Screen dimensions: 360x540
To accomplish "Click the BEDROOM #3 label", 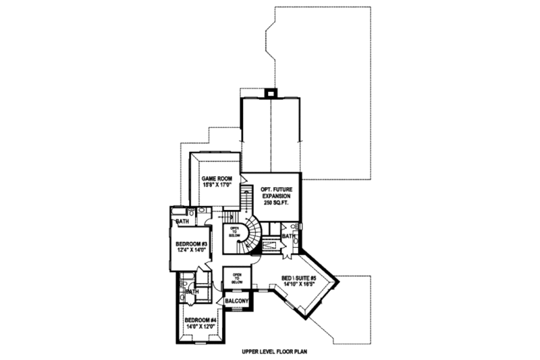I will point(191,244).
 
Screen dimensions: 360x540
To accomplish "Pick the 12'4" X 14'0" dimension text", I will point(191,251).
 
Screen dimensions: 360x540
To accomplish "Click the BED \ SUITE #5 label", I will point(299,277).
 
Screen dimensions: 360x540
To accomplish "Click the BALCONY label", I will point(237,301).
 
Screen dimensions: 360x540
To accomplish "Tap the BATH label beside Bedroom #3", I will point(182,221).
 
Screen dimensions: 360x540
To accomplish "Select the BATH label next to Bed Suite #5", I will point(288,236).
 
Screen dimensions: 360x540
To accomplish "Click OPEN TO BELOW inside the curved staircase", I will point(235,232).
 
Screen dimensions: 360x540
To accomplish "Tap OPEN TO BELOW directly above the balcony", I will point(237,277).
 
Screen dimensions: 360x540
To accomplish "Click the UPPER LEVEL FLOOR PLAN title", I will point(270,351).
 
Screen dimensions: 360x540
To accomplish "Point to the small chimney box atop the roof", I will point(270,93).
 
